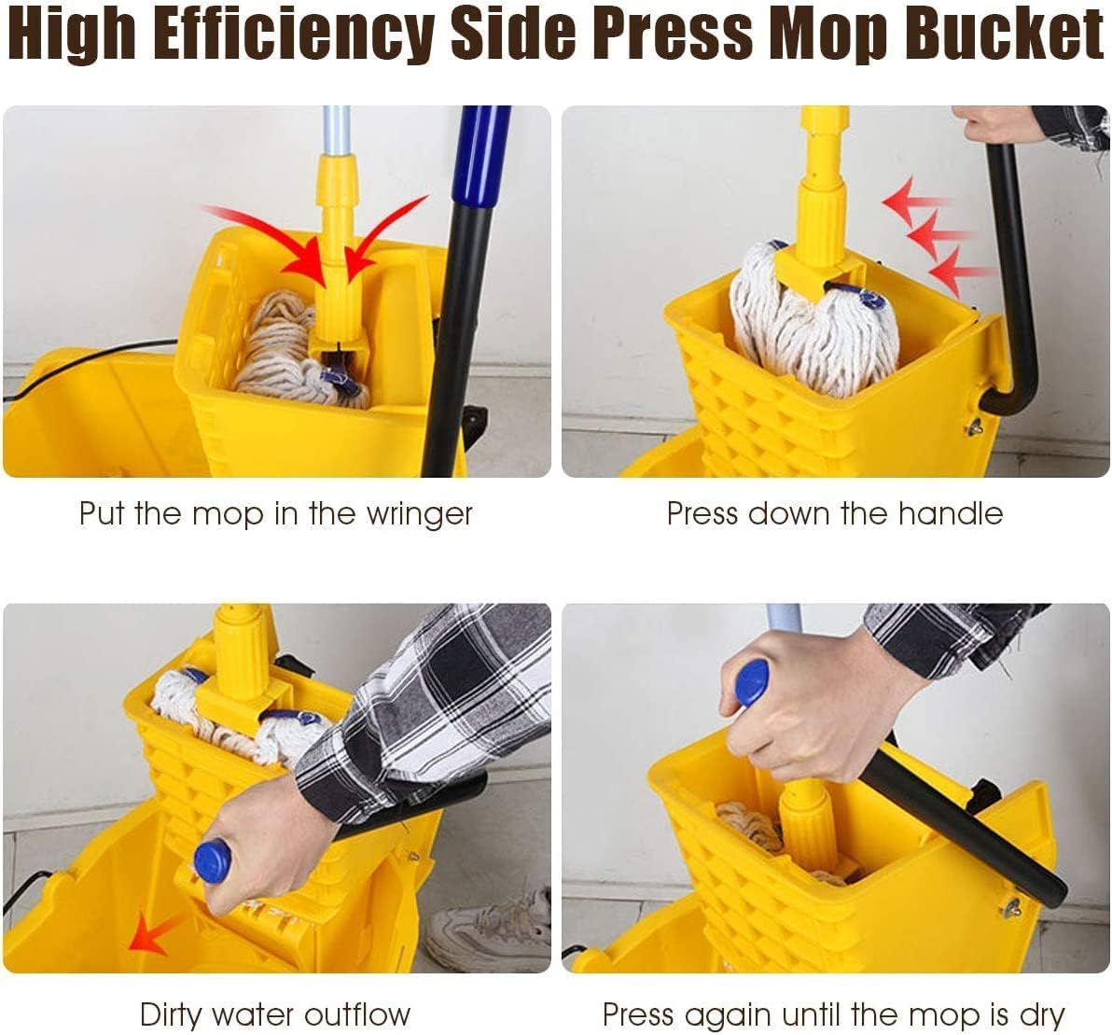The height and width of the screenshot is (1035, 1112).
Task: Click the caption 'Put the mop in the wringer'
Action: (275, 513)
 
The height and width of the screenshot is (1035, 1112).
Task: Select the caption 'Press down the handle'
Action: (834, 513)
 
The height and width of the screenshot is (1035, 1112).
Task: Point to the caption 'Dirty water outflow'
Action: (275, 1014)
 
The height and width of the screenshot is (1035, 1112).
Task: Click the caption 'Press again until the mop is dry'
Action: (834, 1014)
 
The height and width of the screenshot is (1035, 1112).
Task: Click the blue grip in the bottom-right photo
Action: (751, 681)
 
